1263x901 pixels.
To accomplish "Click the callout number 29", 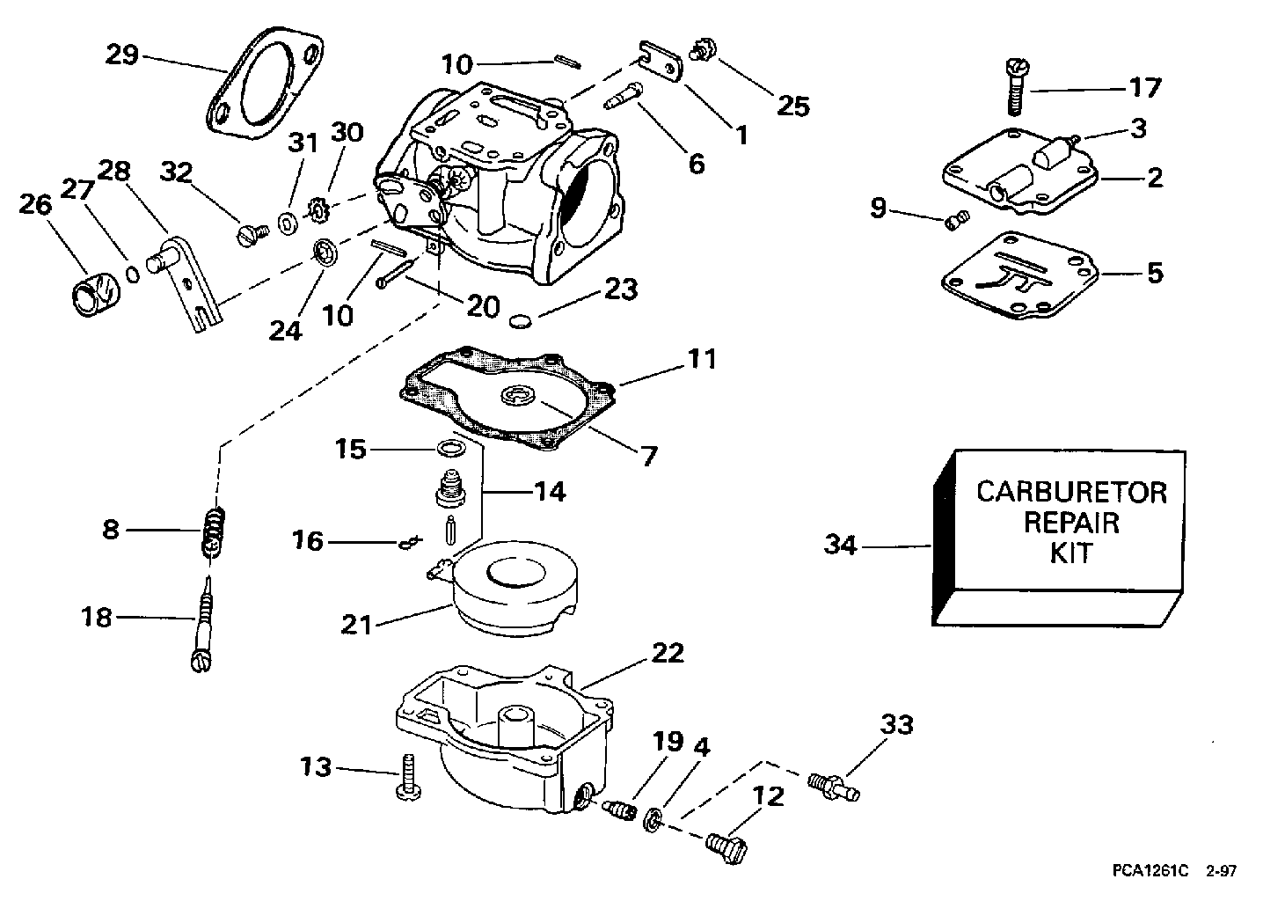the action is pyautogui.click(x=122, y=55).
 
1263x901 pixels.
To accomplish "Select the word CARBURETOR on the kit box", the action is pyautogui.click(x=1071, y=492).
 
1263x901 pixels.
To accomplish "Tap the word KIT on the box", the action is pyautogui.click(x=1071, y=553).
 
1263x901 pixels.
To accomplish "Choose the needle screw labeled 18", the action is pyautogui.click(x=204, y=624).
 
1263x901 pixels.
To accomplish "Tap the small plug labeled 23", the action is pyautogui.click(x=521, y=321).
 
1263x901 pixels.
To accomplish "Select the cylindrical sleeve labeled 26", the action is pyautogui.click(x=96, y=294).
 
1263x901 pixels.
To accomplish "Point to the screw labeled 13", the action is pyautogui.click(x=408, y=777).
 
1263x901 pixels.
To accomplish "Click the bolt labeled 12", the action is pyautogui.click(x=726, y=848).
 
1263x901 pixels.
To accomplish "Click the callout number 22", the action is pyautogui.click(x=668, y=654).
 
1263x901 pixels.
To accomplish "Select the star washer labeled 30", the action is pyautogui.click(x=318, y=211).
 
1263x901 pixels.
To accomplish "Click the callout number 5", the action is pyautogui.click(x=1156, y=273).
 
